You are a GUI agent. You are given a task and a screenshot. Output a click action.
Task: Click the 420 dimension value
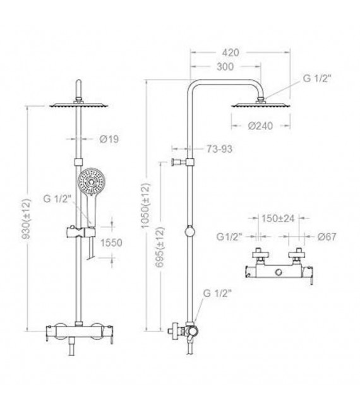tap(231, 52)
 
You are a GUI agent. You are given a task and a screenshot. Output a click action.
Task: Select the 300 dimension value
tap(225, 66)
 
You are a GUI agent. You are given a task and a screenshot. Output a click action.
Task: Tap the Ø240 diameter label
tap(260, 126)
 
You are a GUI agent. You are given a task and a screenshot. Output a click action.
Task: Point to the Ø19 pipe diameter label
tap(109, 139)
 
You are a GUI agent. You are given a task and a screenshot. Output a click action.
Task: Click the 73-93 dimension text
tap(219, 149)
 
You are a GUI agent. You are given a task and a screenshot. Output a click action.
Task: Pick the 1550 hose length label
tap(111, 242)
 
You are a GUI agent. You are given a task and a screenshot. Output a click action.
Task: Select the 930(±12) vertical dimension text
tap(26, 219)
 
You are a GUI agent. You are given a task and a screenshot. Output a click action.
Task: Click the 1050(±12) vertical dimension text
tap(145, 206)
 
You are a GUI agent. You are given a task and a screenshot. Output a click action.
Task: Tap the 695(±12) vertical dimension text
tap(160, 247)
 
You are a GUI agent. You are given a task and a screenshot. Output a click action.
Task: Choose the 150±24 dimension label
tap(278, 218)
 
